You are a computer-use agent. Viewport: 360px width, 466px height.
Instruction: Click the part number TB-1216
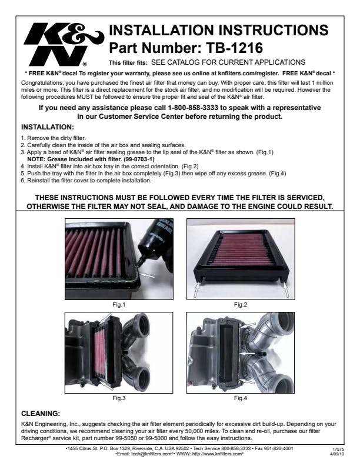(234, 48)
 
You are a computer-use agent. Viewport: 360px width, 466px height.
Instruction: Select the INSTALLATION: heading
(48, 127)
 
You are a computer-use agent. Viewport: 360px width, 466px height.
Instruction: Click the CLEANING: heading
(41, 414)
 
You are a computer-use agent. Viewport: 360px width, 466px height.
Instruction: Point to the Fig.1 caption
(119, 305)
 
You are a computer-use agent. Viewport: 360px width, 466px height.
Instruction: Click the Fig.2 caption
(241, 305)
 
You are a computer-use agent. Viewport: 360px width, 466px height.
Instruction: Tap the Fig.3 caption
(119, 398)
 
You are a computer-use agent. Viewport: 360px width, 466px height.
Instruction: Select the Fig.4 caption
(241, 398)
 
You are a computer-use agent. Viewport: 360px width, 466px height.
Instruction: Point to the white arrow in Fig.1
(147, 275)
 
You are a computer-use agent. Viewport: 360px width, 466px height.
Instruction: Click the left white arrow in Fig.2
(197, 289)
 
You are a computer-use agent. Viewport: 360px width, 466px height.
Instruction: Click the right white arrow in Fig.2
(285, 289)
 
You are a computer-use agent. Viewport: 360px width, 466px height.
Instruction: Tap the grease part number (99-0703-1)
(139, 159)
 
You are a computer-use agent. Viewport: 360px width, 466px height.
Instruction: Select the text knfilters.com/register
(248, 73)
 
